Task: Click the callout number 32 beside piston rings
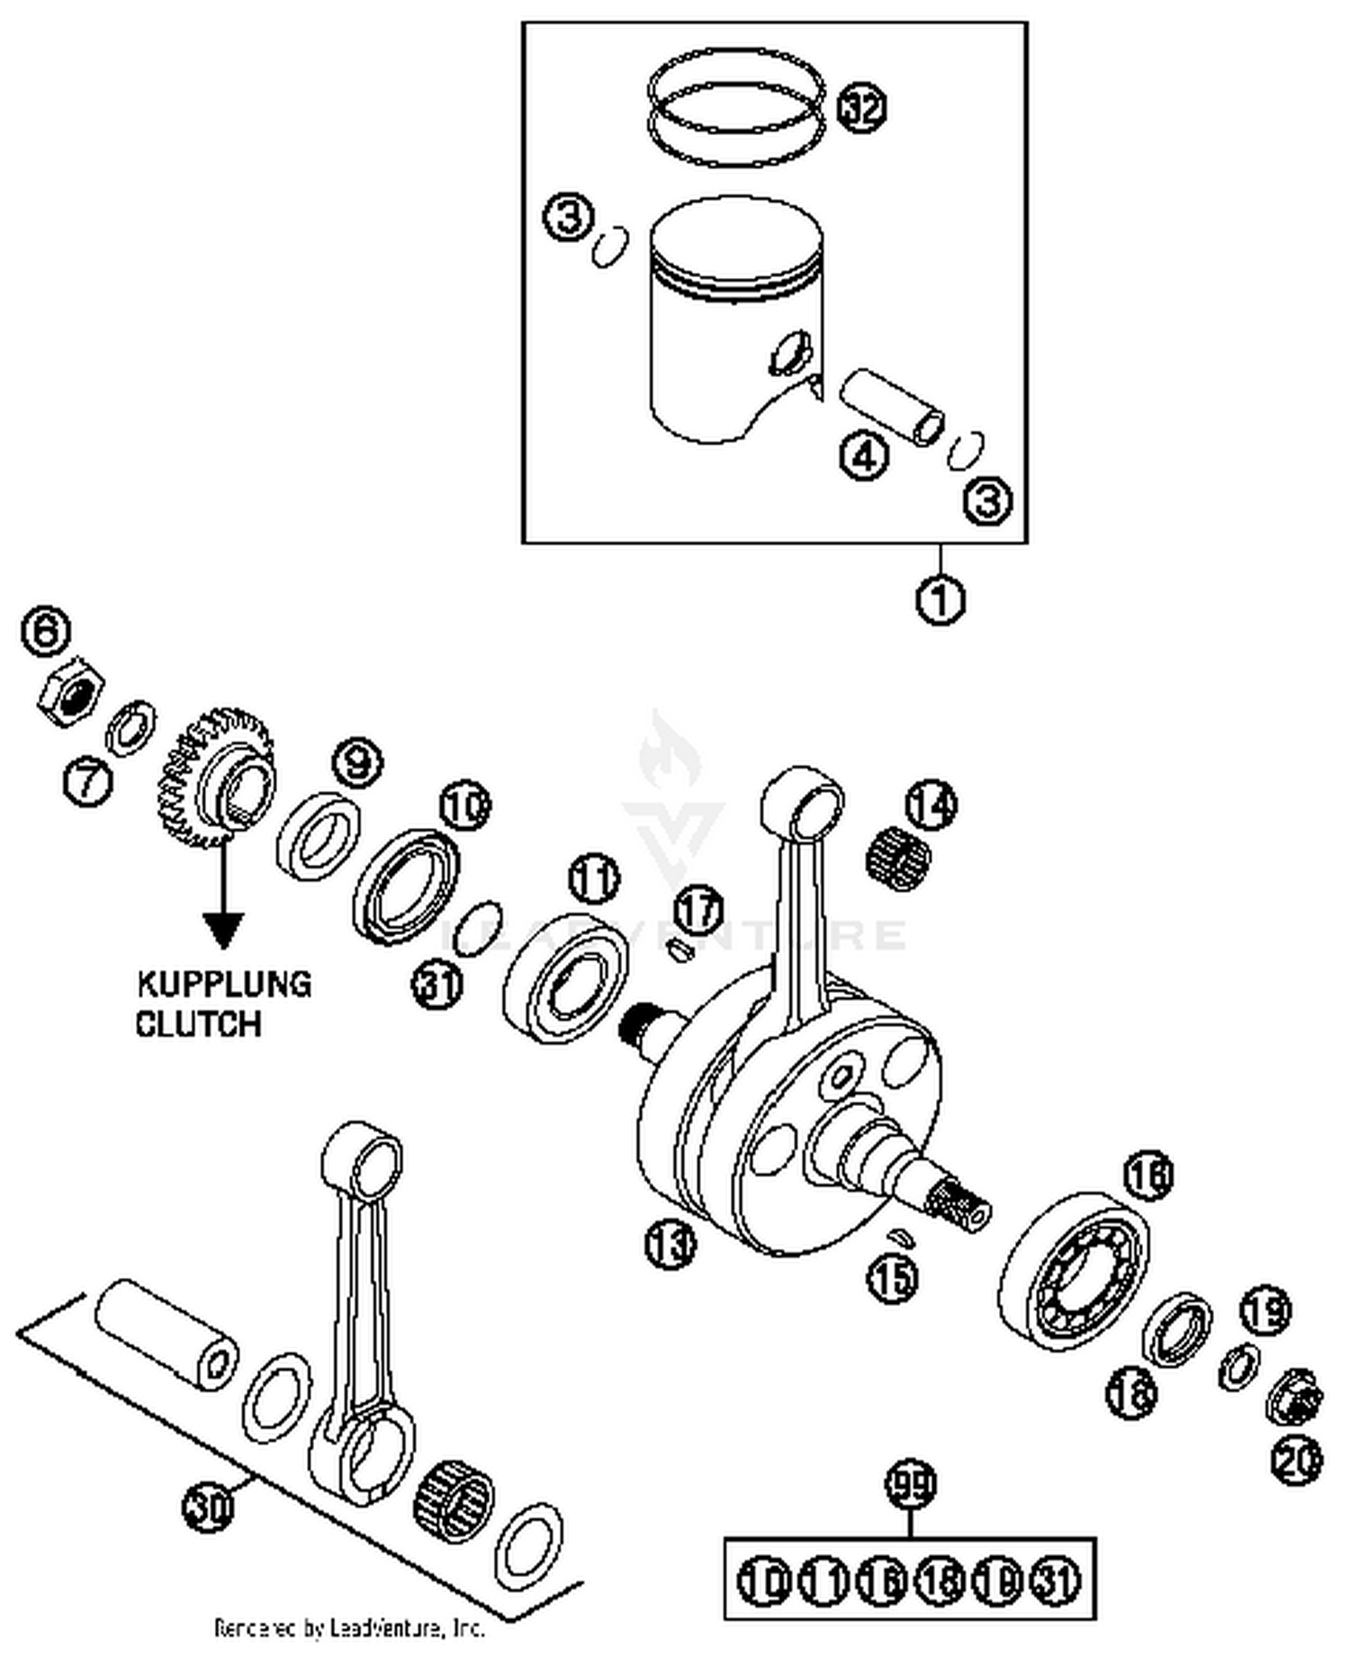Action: (861, 108)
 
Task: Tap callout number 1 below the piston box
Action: (940, 598)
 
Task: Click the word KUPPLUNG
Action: (224, 984)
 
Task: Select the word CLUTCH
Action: (198, 1023)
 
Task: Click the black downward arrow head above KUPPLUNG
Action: (222, 929)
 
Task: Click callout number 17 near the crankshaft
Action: (699, 910)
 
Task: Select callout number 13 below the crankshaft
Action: (670, 1245)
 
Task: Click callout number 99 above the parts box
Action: (911, 1485)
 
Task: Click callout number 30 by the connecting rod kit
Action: (209, 1505)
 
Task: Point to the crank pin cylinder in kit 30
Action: (167, 1335)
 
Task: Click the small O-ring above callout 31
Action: (478, 926)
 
